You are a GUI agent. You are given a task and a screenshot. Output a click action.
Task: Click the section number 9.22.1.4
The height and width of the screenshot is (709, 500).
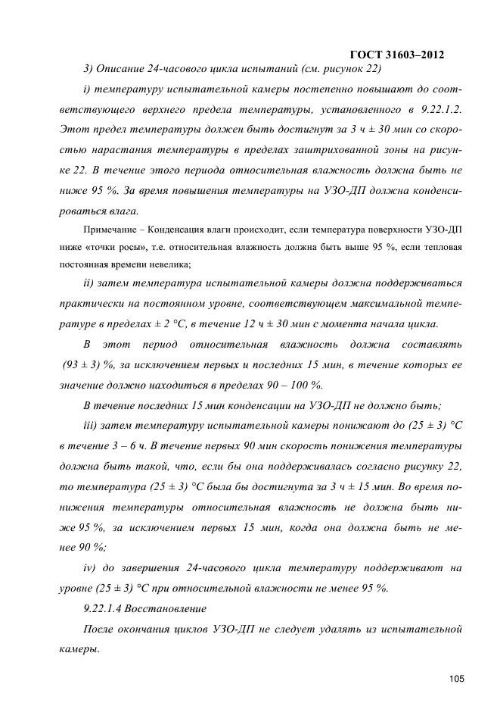[x=103, y=608]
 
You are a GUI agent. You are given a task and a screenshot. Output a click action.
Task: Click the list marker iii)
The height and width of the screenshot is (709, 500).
[x=92, y=424]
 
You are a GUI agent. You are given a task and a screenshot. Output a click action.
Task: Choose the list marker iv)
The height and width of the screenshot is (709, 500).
[x=91, y=567]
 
